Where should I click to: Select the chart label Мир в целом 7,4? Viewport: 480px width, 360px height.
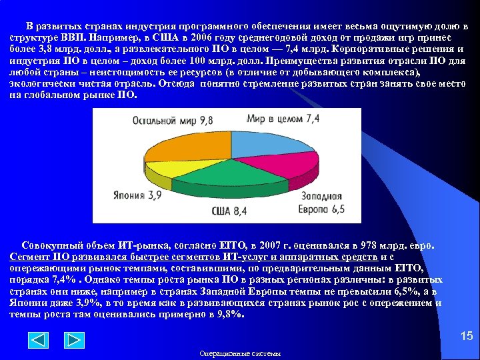283,119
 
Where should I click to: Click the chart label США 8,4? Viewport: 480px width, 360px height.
229,211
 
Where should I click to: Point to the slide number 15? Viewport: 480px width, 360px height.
466,337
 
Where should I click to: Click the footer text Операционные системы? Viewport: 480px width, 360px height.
240,353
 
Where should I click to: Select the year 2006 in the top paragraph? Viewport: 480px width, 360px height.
198,39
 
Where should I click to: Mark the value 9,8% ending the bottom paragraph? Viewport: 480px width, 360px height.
229,313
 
